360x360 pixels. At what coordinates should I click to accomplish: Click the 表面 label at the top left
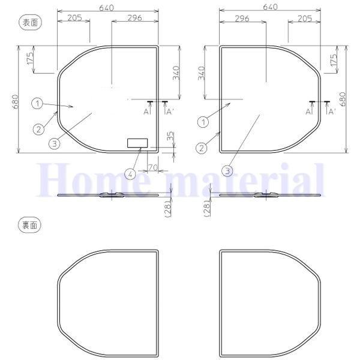coord(30,23)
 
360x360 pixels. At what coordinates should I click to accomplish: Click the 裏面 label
coord(30,226)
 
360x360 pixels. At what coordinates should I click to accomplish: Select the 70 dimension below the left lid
coord(152,167)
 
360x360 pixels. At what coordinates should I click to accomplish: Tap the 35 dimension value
coord(170,137)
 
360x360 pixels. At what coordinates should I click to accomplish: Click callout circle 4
coord(130,175)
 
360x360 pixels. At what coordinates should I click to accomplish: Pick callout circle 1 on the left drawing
coord(37,104)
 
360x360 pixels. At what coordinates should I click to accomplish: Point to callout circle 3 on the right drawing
coord(227,171)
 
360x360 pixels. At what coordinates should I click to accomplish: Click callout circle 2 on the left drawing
coord(38,130)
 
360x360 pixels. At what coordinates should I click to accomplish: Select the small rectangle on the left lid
coord(137,143)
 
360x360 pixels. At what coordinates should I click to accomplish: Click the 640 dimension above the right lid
coord(270,7)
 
